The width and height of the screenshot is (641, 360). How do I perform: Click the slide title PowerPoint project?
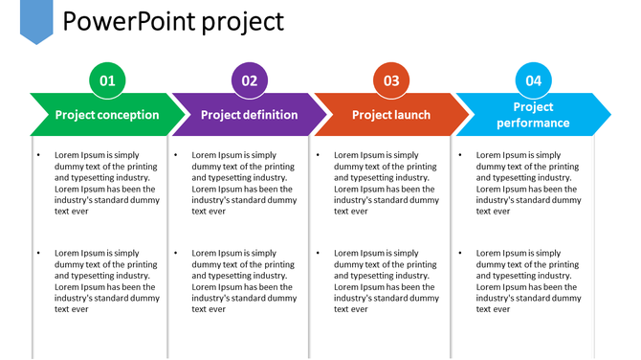click(x=173, y=21)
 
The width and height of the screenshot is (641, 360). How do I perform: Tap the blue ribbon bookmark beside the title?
click(x=36, y=20)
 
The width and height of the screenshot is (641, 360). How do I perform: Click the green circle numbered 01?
click(x=107, y=80)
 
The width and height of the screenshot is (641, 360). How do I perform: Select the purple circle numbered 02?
click(x=250, y=80)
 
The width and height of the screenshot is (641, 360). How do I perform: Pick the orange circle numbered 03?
click(x=391, y=80)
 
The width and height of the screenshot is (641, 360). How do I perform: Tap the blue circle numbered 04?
click(x=533, y=80)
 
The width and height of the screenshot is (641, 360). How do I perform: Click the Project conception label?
click(x=107, y=115)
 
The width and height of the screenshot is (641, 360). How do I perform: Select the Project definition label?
click(x=249, y=115)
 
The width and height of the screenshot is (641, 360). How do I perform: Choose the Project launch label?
click(x=391, y=115)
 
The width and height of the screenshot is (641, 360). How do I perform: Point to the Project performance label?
click(x=533, y=115)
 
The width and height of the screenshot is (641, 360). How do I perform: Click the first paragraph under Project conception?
click(x=106, y=183)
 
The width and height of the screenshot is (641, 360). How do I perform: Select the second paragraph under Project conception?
click(x=106, y=281)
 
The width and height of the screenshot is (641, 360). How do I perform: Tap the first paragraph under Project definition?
click(x=244, y=183)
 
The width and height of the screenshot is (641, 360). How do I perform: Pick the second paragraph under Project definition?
click(x=244, y=281)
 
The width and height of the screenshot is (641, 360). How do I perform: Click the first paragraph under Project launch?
click(x=386, y=183)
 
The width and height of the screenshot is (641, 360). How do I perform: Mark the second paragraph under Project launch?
click(x=386, y=281)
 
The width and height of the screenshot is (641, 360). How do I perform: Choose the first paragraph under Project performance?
click(x=528, y=183)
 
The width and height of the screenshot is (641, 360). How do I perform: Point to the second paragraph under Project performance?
click(x=528, y=281)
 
